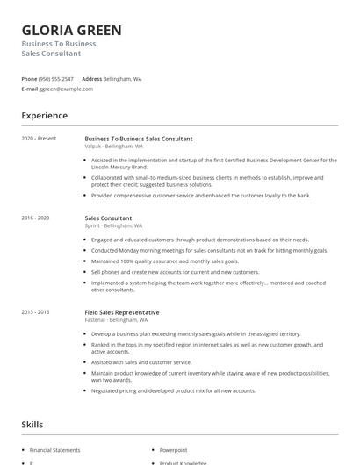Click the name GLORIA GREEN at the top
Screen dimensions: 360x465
(x=72, y=30)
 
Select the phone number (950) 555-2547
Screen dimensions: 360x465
(x=56, y=78)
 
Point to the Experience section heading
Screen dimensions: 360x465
(x=45, y=116)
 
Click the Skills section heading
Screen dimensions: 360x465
(x=32, y=425)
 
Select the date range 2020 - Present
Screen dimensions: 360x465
(x=40, y=139)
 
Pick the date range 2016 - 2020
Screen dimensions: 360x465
(x=37, y=218)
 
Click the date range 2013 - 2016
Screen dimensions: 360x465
(x=37, y=312)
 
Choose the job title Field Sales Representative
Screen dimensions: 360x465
(x=122, y=312)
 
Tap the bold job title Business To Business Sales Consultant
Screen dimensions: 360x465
(x=139, y=139)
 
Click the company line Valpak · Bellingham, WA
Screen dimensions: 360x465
(x=114, y=147)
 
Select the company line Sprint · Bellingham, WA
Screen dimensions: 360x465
(x=114, y=225)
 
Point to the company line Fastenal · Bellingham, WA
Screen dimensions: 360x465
(x=117, y=320)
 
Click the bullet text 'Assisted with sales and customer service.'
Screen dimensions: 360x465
(x=141, y=361)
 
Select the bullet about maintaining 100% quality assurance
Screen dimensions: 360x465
(x=163, y=261)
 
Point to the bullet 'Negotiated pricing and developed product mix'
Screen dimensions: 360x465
(x=173, y=390)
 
